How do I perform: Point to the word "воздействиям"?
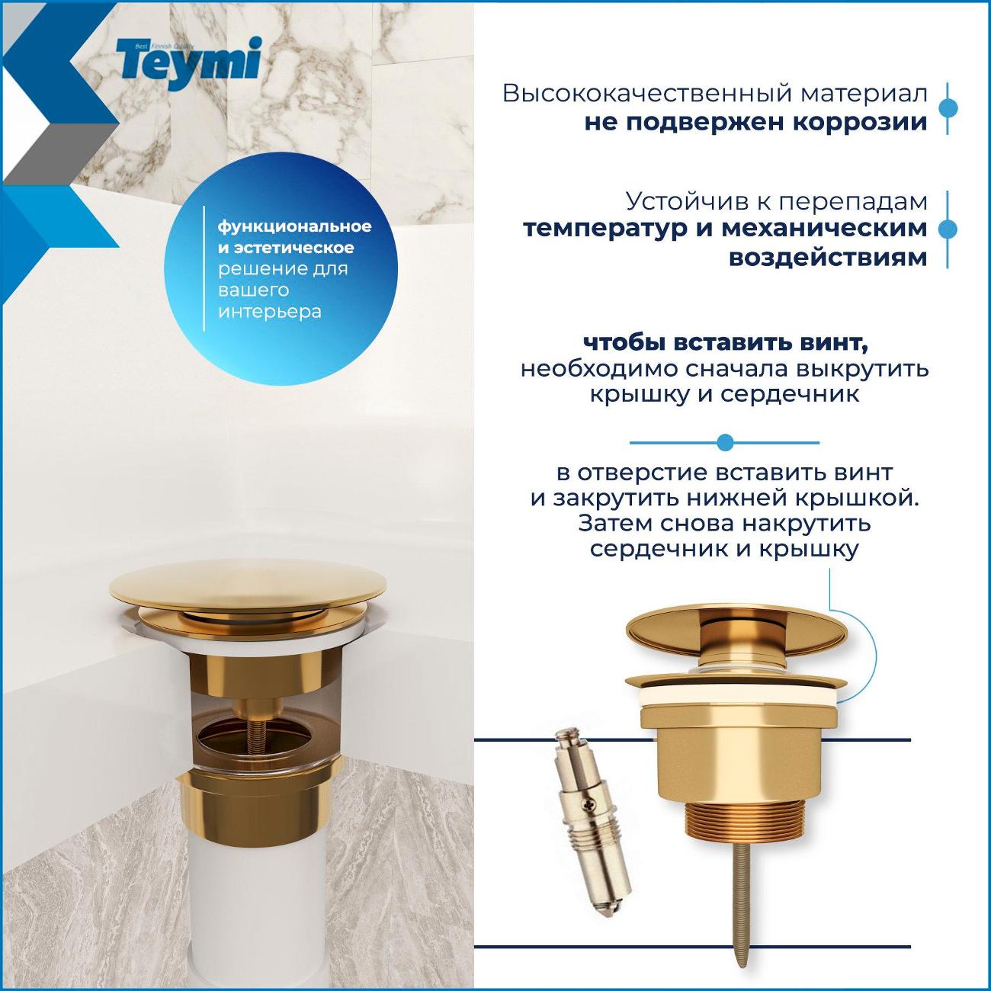point(828,257)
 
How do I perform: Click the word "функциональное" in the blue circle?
point(295,226)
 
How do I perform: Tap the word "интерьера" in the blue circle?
point(270,312)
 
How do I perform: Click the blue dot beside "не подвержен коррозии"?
point(947,107)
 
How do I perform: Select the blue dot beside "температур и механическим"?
point(947,229)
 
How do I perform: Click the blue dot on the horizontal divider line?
point(726,442)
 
